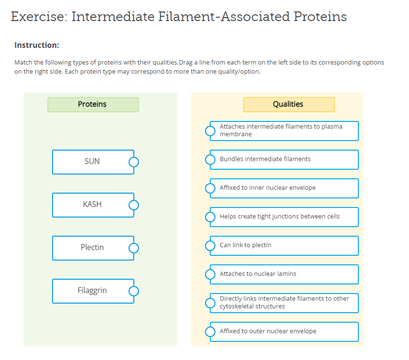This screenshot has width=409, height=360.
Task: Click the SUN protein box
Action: tap(93, 162)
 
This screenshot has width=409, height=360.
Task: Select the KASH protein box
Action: tap(93, 205)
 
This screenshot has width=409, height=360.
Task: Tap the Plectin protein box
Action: tap(93, 248)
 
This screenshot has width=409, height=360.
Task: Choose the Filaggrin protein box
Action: tap(93, 291)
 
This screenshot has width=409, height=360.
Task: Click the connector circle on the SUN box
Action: tap(134, 162)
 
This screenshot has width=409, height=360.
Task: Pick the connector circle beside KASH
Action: tap(134, 205)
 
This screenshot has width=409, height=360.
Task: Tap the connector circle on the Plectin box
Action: tap(134, 248)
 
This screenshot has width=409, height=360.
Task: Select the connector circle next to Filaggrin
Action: tap(134, 291)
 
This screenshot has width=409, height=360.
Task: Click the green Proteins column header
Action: tap(93, 104)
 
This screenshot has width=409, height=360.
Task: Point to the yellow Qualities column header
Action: tap(288, 104)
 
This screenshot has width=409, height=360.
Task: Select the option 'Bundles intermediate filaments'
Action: tap(284, 159)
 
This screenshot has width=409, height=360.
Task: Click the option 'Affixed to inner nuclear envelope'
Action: tap(284, 188)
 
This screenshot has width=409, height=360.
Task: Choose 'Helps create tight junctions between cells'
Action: tap(284, 217)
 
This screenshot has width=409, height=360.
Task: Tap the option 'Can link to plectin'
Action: tap(284, 245)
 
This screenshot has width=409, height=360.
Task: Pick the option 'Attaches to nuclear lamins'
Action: tap(284, 274)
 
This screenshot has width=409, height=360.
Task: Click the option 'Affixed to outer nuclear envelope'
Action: tap(284, 331)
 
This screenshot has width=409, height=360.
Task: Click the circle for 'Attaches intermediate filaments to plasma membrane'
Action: tap(210, 131)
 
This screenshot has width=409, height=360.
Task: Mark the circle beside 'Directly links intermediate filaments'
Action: tap(210, 303)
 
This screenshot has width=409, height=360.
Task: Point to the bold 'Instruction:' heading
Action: tap(37, 45)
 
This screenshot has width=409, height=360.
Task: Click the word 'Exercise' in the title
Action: tap(38, 17)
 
